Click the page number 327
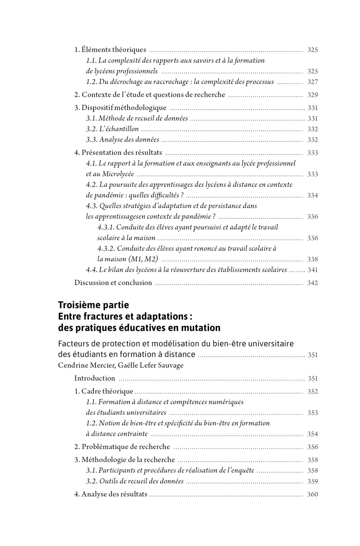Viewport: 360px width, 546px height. [312, 82]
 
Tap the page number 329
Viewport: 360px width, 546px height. [312, 95]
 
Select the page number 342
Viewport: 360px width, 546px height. [312, 283]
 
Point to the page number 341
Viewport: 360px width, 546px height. [312, 270]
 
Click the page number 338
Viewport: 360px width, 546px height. [312, 260]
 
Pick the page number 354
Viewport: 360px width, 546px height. [312, 434]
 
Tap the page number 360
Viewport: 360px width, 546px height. [312, 494]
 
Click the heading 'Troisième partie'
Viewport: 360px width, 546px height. [93, 305]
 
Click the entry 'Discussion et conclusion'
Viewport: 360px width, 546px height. [113, 283]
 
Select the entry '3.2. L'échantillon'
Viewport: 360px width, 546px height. [112, 129]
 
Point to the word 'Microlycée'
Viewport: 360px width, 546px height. [118, 174]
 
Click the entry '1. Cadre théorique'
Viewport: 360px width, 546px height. [104, 391]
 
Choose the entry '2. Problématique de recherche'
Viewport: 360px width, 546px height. [122, 447]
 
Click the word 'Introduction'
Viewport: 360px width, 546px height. [94, 379]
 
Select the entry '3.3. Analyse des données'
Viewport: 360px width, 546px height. [123, 140]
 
